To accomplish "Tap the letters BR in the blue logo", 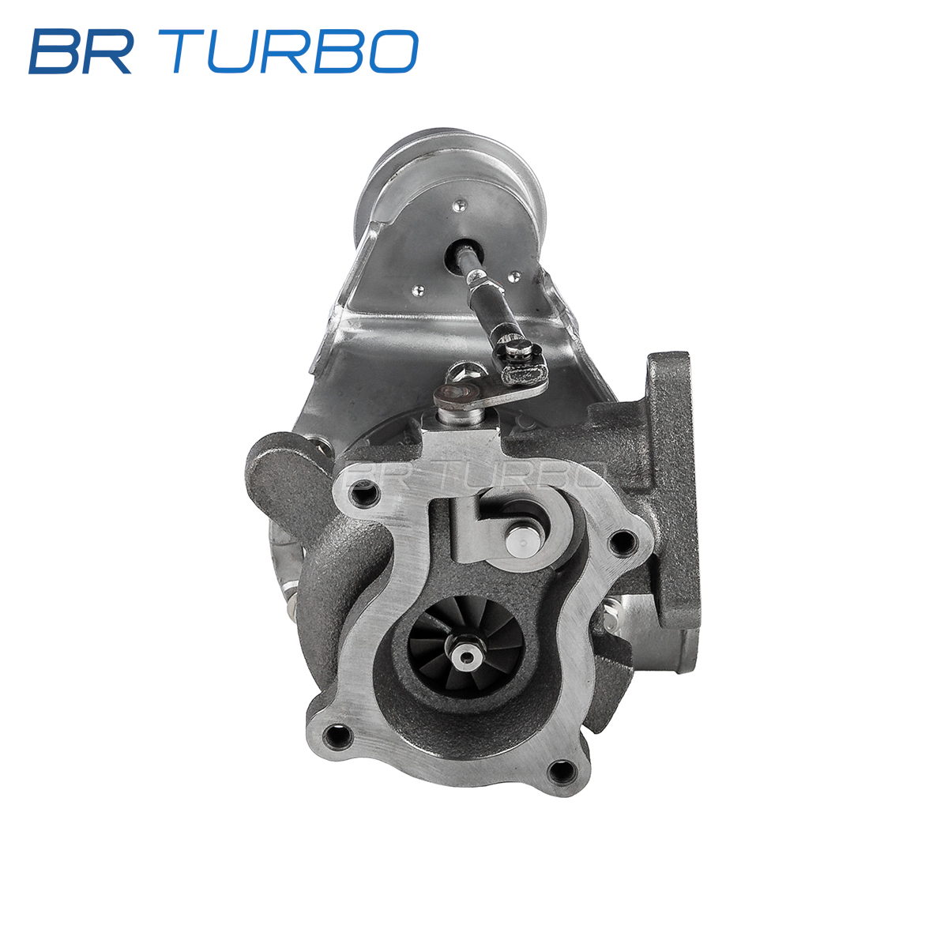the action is point(81,51).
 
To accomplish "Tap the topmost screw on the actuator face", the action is point(460,205).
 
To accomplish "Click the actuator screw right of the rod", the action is point(514,276).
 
